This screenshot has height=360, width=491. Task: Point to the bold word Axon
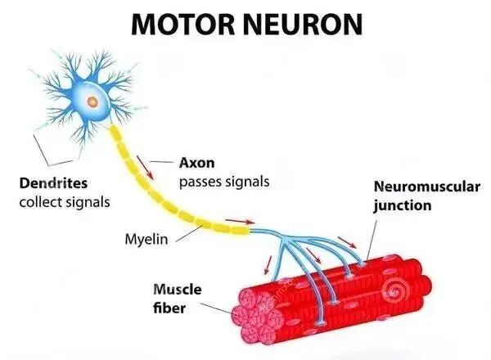coord(196,163)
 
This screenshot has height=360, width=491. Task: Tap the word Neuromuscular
coord(426,187)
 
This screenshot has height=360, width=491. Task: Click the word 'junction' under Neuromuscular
coord(402,205)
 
